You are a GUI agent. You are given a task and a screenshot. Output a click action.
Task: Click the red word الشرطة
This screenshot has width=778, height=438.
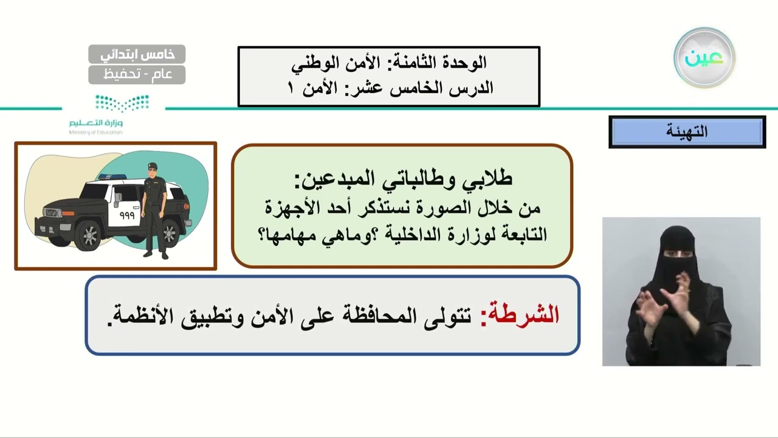point(520,315)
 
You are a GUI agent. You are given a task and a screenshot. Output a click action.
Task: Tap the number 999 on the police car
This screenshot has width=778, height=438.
point(126,215)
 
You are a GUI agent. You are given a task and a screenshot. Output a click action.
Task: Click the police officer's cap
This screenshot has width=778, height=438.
point(152,166)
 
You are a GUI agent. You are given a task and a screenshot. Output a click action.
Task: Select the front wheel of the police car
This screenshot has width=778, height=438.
point(89,235)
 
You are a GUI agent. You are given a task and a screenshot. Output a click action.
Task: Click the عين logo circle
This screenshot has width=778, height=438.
point(704,58)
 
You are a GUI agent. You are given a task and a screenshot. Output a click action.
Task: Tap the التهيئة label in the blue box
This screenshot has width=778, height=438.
point(687,132)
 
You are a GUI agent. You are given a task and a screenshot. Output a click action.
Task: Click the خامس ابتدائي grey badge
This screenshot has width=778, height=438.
point(137,54)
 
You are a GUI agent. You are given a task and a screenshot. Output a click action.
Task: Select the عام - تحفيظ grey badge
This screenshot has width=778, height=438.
point(137,75)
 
